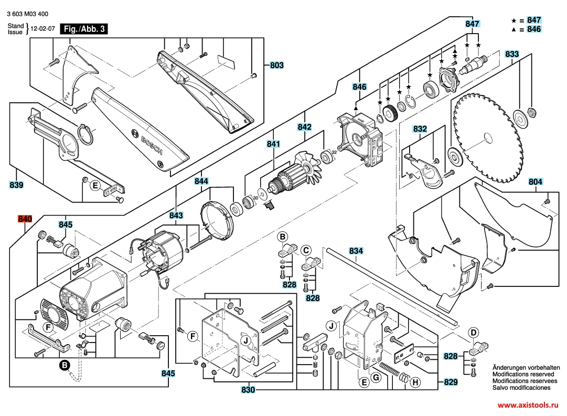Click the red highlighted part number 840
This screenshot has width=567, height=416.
[x=25, y=219]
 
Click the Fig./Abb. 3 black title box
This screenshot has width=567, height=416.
[x=84, y=29]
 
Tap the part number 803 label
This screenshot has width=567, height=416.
[x=276, y=66]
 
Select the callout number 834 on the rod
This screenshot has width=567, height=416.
[x=356, y=251]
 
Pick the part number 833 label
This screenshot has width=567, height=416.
[x=512, y=54]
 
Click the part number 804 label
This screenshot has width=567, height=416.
[x=535, y=182]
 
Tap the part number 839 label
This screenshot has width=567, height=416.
[x=17, y=185]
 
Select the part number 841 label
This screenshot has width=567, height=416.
[x=273, y=144]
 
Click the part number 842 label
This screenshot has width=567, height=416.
[x=304, y=127]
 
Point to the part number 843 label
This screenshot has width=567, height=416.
[x=176, y=215]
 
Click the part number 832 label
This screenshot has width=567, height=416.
[x=420, y=129]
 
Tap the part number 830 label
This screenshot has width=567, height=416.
[x=248, y=390]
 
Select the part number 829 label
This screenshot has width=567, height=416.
[x=451, y=382]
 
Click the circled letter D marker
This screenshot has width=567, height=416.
[x=473, y=333]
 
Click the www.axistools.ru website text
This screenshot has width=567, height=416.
[x=528, y=405]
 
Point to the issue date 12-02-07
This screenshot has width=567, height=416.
[x=43, y=29]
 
